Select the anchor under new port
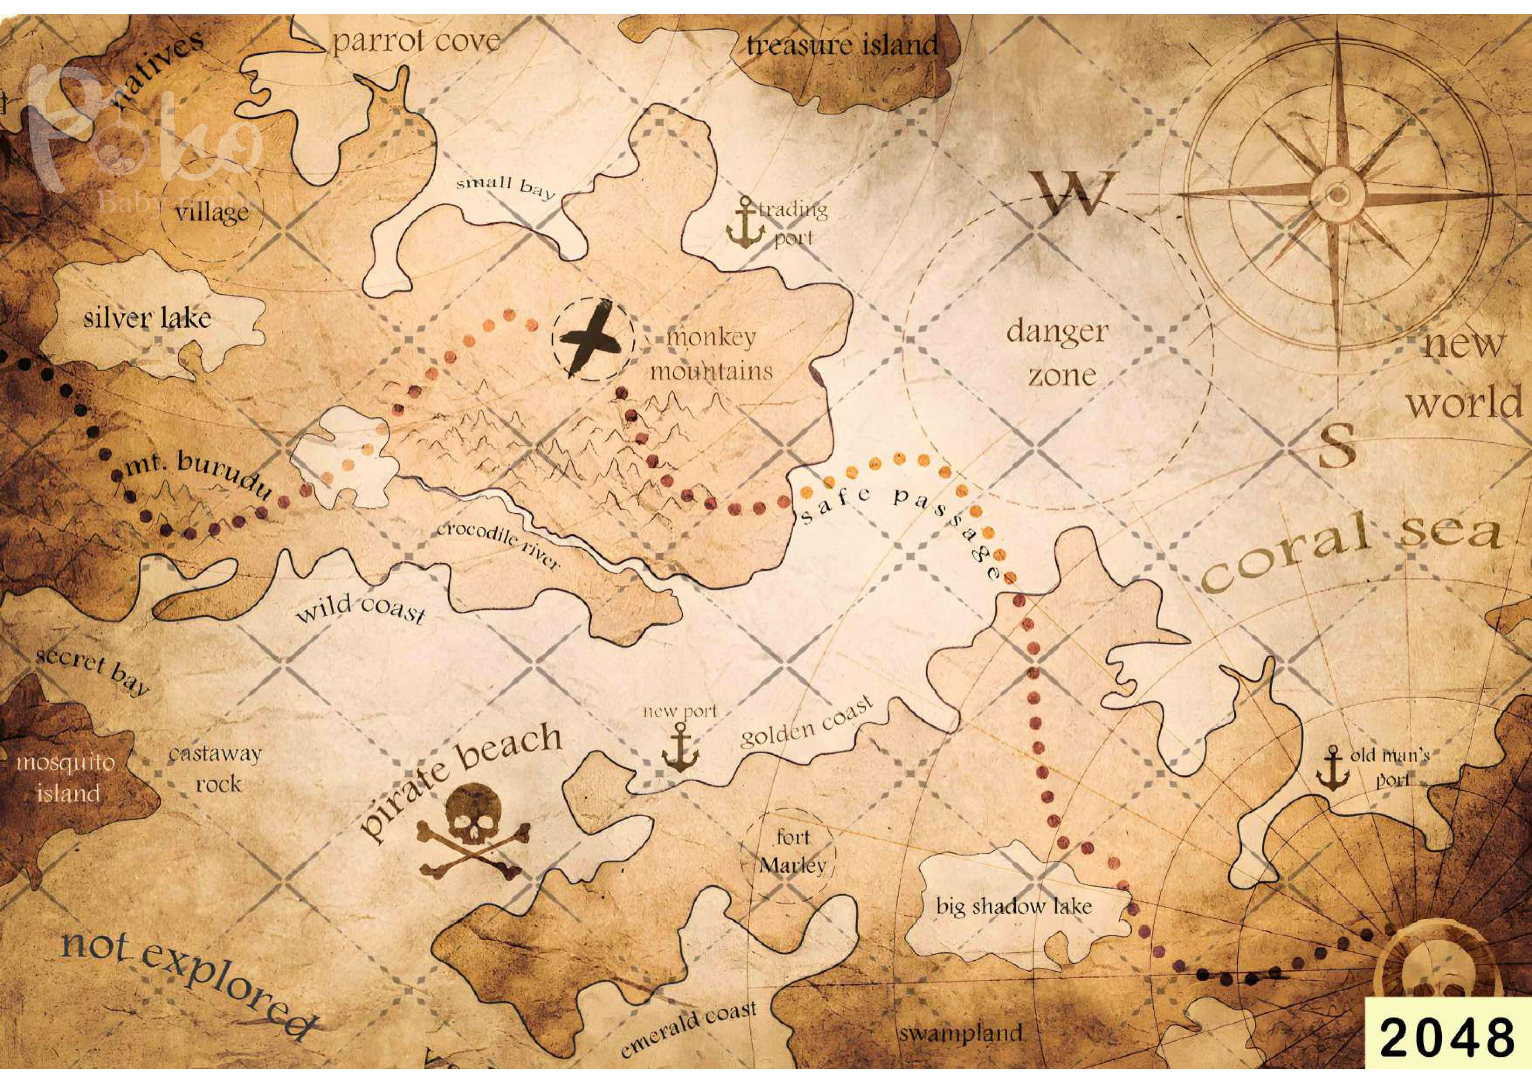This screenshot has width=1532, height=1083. tap(680, 751)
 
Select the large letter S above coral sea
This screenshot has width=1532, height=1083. tap(1338, 445)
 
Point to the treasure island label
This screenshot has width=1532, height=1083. tap(843, 45)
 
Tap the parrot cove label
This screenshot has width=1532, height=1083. tap(417, 41)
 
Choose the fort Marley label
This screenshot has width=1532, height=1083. tap(793, 852)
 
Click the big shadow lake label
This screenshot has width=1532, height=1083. tap(1014, 906)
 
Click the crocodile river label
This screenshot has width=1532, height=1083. tap(497, 545)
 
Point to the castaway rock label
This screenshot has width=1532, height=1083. tap(215, 768)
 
